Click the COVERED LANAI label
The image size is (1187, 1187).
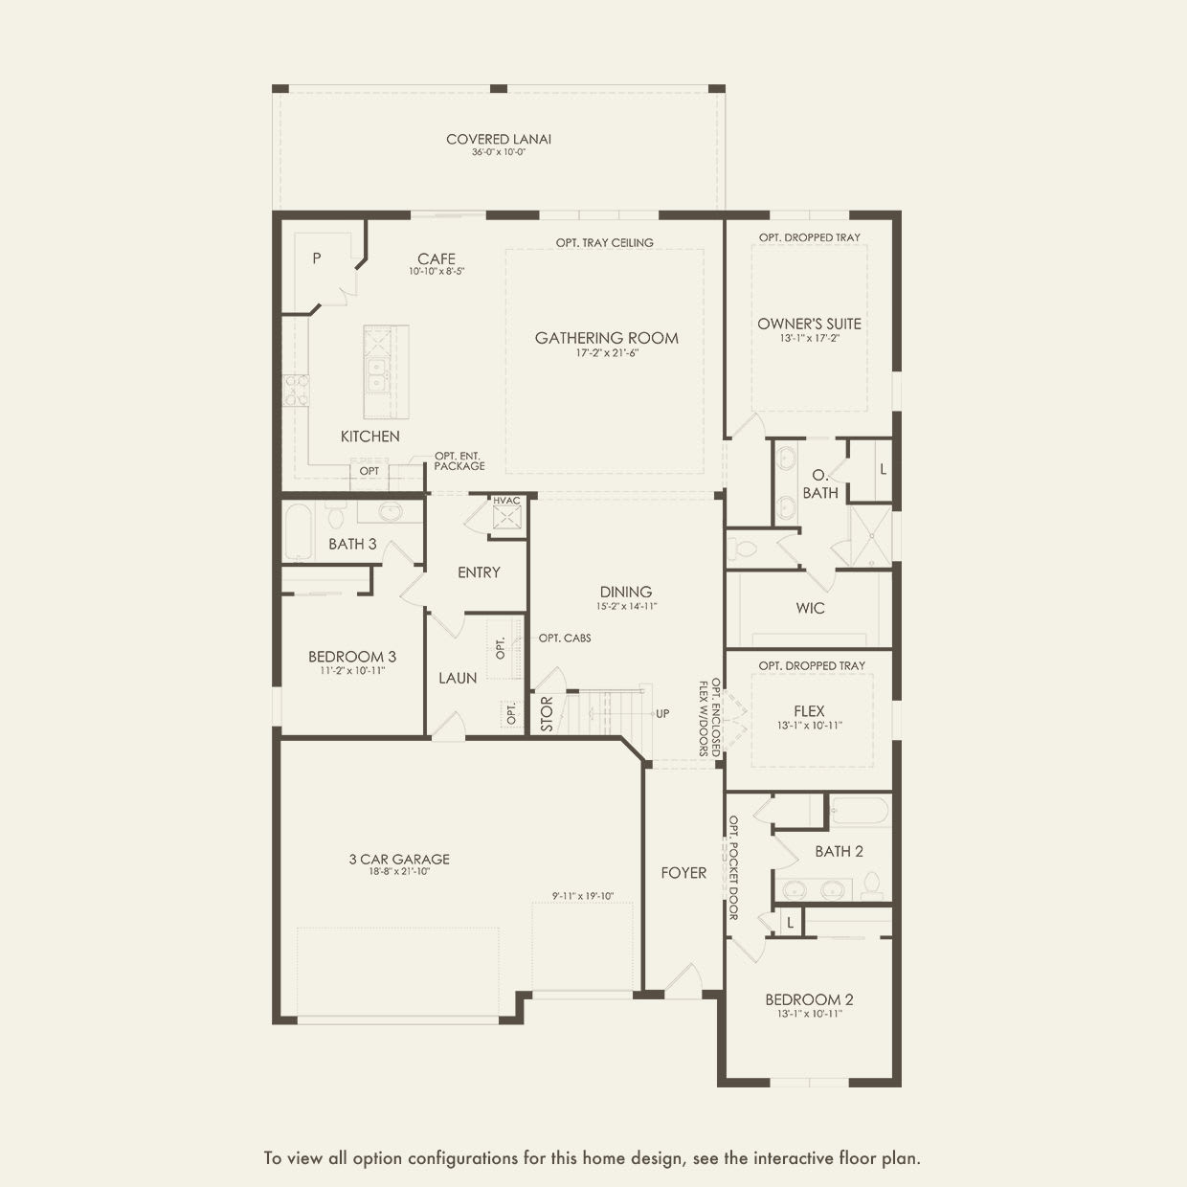pyautogui.click(x=498, y=140)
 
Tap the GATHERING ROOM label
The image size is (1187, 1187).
pyautogui.click(x=606, y=338)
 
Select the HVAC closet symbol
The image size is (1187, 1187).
pyautogui.click(x=506, y=518)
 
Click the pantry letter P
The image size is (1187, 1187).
pyautogui.click(x=317, y=258)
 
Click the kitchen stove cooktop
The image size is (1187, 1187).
pyautogui.click(x=296, y=391)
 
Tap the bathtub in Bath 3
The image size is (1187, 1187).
pyautogui.click(x=298, y=531)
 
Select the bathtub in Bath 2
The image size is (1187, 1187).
pyautogui.click(x=859, y=813)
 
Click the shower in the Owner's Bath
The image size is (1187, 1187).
pyautogui.click(x=870, y=536)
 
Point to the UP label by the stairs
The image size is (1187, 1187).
pyautogui.click(x=662, y=714)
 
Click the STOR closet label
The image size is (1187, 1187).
pyautogui.click(x=547, y=714)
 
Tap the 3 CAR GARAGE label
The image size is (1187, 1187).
pyautogui.click(x=398, y=860)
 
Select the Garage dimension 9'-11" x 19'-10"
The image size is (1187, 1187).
pyautogui.click(x=583, y=897)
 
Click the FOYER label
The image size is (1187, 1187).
pyautogui.click(x=683, y=873)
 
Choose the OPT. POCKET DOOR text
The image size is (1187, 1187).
pyautogui.click(x=733, y=867)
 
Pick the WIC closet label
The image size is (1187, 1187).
pyautogui.click(x=810, y=608)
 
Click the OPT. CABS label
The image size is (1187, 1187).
pyautogui.click(x=564, y=638)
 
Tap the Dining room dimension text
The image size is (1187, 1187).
pyautogui.click(x=627, y=606)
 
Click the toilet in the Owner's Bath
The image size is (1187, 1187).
pyautogui.click(x=744, y=549)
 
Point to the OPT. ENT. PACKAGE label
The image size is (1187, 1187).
pyautogui.click(x=459, y=461)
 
